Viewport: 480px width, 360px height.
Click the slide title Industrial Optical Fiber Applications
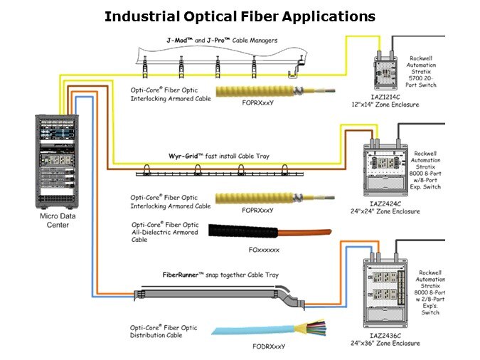(240, 16)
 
